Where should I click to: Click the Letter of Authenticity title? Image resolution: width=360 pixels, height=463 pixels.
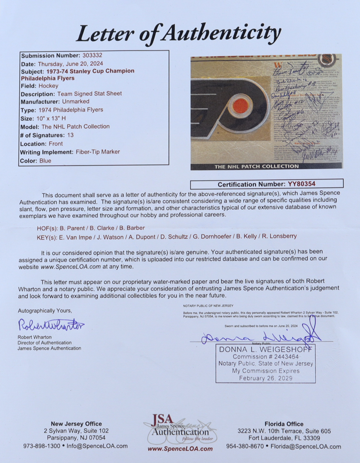point(178,33)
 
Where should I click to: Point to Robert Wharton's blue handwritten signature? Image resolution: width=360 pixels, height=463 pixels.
point(51,325)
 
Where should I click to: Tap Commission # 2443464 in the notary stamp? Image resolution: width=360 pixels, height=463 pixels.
point(265,357)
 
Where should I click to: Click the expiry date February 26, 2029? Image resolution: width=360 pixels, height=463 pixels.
point(265,378)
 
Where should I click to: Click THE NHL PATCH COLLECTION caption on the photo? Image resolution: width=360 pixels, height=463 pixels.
point(256,166)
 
